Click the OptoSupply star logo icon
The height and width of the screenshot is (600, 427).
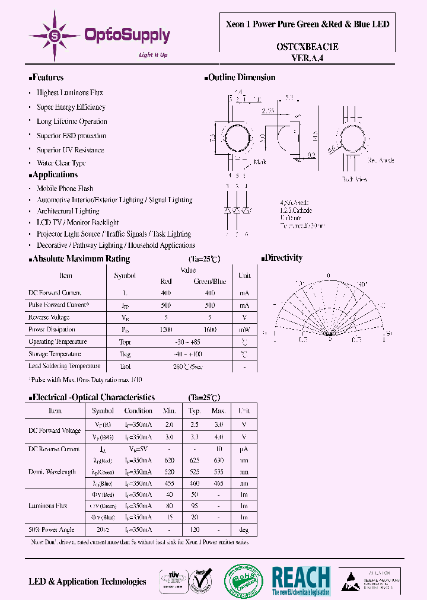(x=55, y=36)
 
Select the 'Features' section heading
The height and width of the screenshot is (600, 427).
(x=47, y=78)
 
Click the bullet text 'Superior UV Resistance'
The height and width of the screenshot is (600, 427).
(x=70, y=150)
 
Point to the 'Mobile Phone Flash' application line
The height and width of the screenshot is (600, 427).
(x=65, y=189)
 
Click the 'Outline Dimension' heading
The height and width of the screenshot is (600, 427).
(x=242, y=78)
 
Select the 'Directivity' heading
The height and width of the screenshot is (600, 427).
(x=283, y=258)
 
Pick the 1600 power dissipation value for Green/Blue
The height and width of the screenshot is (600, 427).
(x=209, y=329)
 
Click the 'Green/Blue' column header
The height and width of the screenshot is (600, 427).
(x=210, y=282)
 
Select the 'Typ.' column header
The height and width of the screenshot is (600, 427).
(x=195, y=410)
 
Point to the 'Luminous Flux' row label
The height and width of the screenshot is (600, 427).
(x=47, y=506)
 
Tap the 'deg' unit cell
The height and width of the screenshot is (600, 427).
(x=244, y=529)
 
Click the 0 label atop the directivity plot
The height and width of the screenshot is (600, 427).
(x=328, y=276)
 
